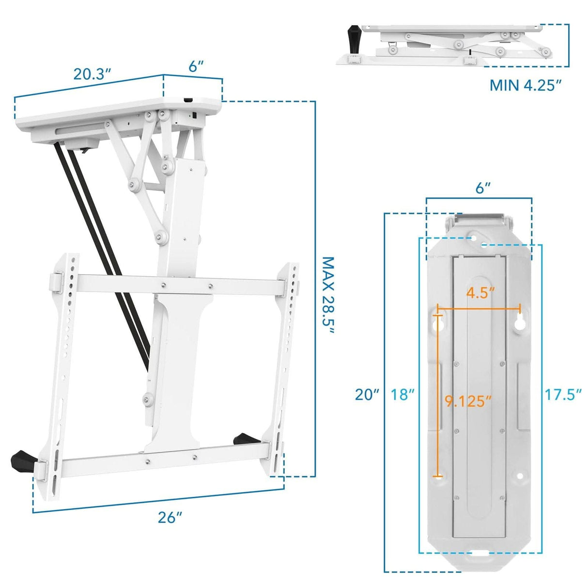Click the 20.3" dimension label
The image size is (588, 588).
pyautogui.click(x=93, y=74)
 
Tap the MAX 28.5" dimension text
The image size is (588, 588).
pyautogui.click(x=329, y=295)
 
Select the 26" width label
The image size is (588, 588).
pyautogui.click(x=170, y=517)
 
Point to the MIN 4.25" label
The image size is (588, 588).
pyautogui.click(x=526, y=85)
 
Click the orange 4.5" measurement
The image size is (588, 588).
pyautogui.click(x=480, y=294)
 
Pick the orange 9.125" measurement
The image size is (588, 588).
pyautogui.click(x=468, y=401)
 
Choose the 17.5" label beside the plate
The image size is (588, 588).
pyautogui.click(x=563, y=395)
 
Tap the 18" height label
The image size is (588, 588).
pyautogui.click(x=403, y=395)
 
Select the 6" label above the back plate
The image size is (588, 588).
pyautogui.click(x=483, y=188)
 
